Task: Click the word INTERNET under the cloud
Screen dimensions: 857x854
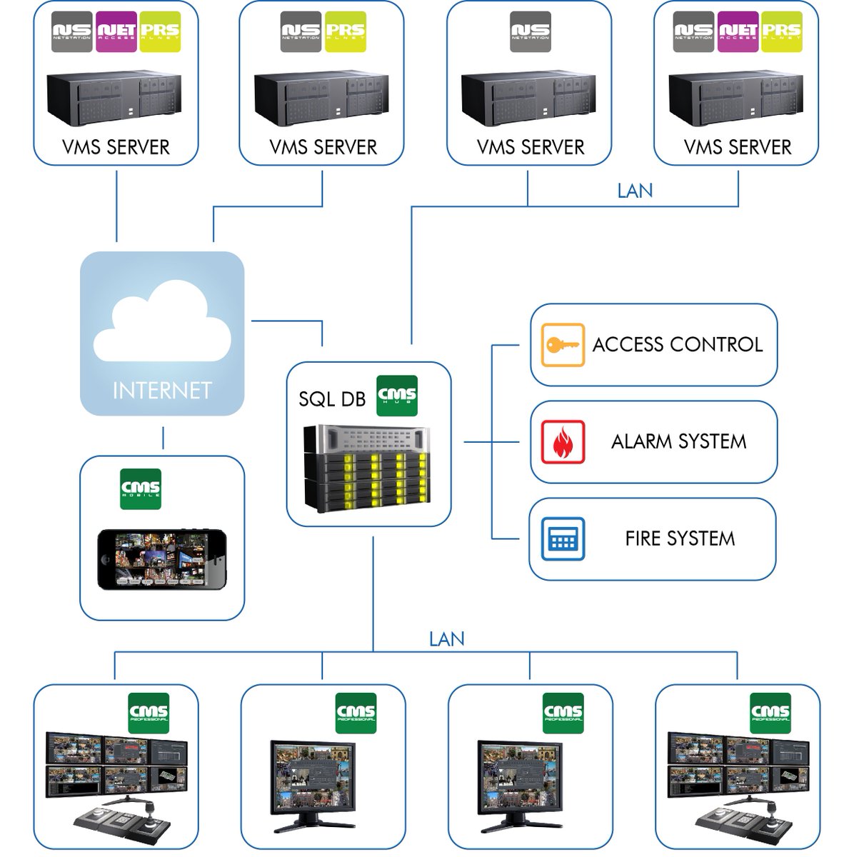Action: click(162, 390)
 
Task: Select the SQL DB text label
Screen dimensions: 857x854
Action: click(331, 398)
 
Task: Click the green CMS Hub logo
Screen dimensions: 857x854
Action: click(397, 395)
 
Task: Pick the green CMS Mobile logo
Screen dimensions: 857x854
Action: click(141, 489)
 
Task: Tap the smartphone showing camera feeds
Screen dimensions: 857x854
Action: click(162, 559)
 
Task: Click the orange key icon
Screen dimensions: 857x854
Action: click(563, 345)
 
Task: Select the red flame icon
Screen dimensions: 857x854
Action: click(563, 441)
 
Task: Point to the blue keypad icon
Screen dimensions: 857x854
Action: click(563, 538)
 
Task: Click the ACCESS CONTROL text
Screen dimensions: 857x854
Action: click(677, 345)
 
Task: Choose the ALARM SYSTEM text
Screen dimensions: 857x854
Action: click(678, 441)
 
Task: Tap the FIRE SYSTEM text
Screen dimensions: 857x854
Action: click(680, 538)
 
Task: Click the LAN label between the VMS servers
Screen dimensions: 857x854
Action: click(635, 191)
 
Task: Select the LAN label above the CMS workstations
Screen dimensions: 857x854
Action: click(446, 638)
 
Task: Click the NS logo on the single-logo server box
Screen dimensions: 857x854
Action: click(531, 31)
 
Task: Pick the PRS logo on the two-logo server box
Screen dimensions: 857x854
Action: click(346, 31)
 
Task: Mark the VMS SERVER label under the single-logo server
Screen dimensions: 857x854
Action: click(531, 147)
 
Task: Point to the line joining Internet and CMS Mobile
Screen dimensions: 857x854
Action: click(163, 438)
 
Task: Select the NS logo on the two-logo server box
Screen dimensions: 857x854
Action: click(301, 31)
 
